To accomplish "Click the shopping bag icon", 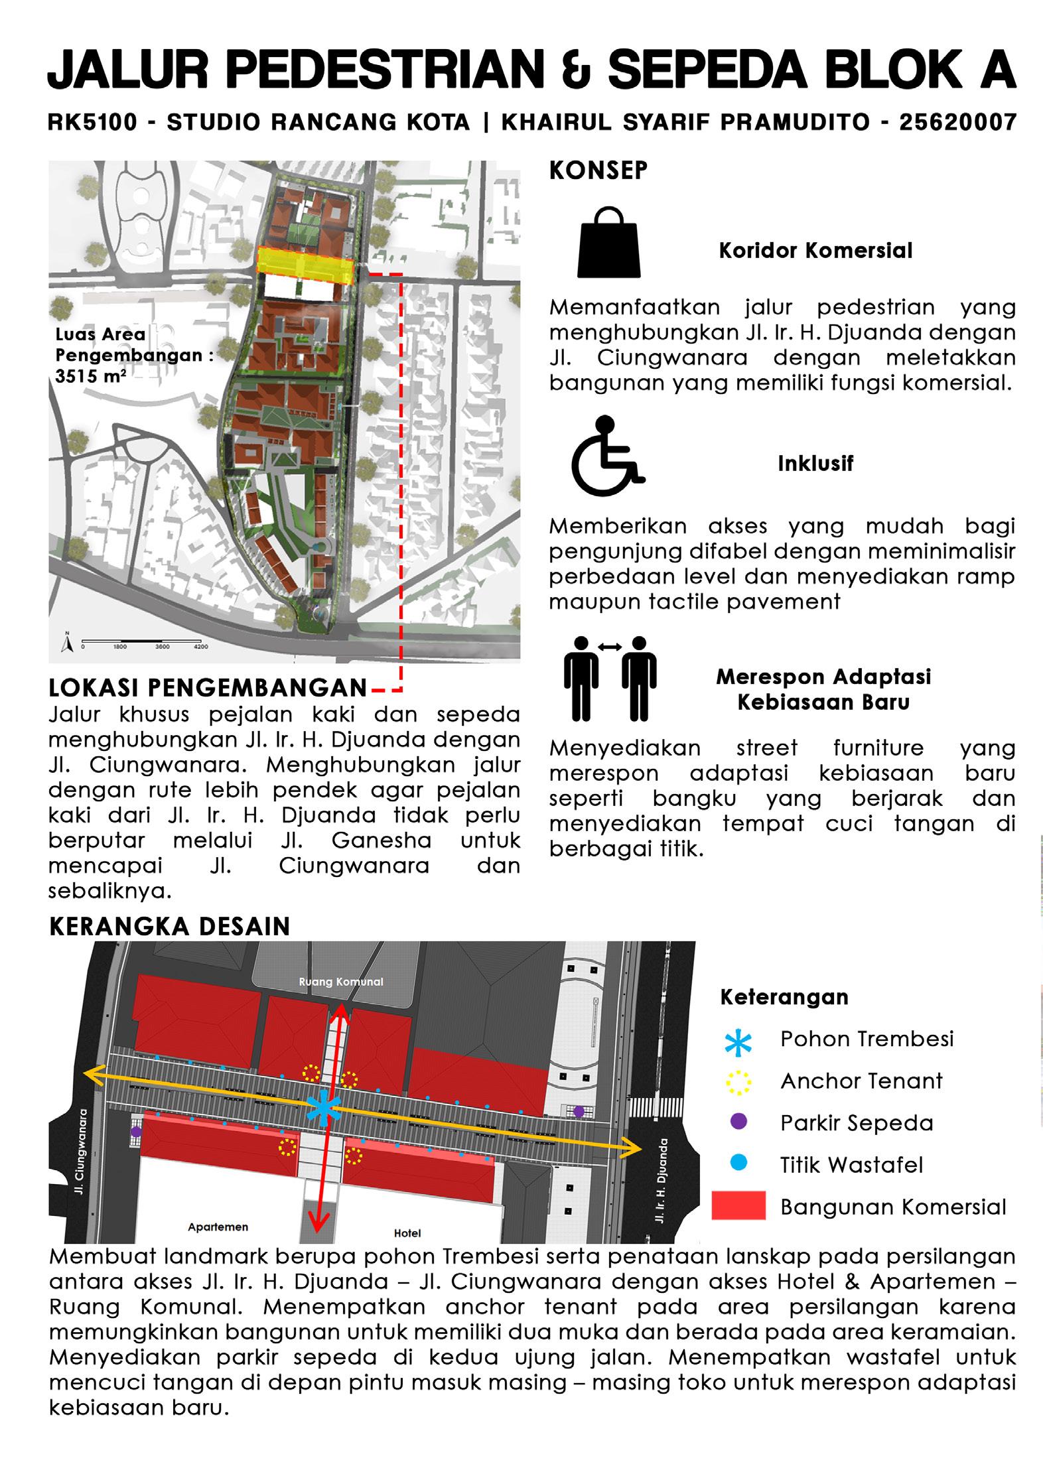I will pos(609,242).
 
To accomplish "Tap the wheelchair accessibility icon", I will pos(606,456).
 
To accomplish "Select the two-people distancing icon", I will pos(610,679).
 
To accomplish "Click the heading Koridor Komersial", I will pos(815,251).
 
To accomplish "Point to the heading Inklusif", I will pos(815,463).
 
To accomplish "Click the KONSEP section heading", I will pos(598,170).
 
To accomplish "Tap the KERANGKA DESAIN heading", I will pos(170,926).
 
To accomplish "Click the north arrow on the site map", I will pos(66,643).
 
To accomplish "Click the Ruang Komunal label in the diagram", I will pos(341,981).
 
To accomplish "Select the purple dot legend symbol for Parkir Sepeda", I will pos(738,1121).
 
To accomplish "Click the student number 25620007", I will pos(957,123).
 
